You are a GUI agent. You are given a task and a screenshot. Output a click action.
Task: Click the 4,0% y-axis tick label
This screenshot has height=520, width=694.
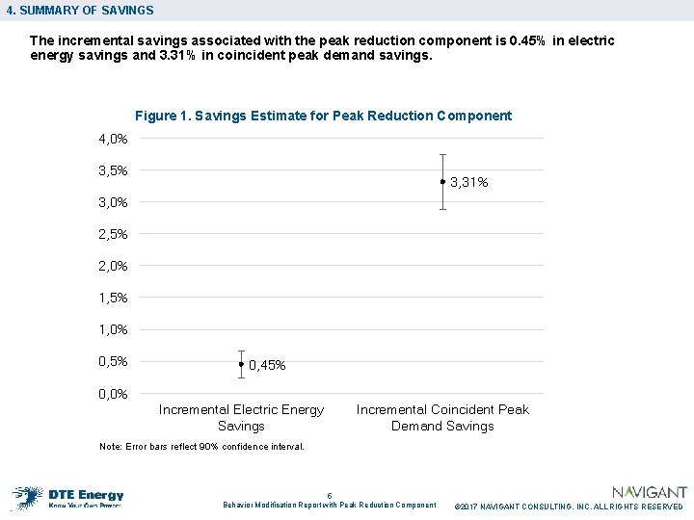[113, 139]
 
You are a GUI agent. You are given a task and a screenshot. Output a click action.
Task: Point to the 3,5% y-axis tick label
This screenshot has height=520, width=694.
[113, 170]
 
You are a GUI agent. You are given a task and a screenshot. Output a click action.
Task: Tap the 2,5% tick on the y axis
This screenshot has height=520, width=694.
[113, 234]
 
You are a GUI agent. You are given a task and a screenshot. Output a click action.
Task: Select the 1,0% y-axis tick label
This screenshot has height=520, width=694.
[113, 329]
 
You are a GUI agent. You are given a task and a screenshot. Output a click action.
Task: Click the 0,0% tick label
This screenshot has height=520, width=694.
[113, 393]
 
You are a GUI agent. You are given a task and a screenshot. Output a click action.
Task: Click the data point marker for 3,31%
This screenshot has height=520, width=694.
[442, 181]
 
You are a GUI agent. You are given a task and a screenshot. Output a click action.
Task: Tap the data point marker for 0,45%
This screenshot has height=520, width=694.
[241, 364]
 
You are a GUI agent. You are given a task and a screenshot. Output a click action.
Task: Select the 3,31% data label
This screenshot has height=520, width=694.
[469, 182]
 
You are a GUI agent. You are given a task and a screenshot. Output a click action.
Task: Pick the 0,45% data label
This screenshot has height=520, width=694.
[267, 366]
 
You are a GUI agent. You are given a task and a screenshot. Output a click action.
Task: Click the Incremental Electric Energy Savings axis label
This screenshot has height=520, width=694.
[241, 417]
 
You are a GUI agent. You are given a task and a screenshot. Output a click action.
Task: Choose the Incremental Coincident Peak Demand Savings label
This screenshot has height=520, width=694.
[442, 417]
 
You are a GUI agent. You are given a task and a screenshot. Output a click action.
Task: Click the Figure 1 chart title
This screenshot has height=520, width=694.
[323, 116]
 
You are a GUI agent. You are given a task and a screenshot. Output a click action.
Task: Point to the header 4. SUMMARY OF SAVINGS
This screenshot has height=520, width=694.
[79, 11]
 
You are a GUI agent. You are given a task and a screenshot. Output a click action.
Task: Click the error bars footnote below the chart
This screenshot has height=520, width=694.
[201, 447]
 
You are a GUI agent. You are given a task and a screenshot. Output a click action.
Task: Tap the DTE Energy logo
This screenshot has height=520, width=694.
[68, 495]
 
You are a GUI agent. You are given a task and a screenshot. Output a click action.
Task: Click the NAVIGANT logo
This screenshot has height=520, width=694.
[650, 492]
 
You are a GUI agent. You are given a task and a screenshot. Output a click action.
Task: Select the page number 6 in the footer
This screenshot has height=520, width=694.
[330, 495]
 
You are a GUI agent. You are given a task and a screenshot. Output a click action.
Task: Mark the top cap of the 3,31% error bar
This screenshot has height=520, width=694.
[442, 154]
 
